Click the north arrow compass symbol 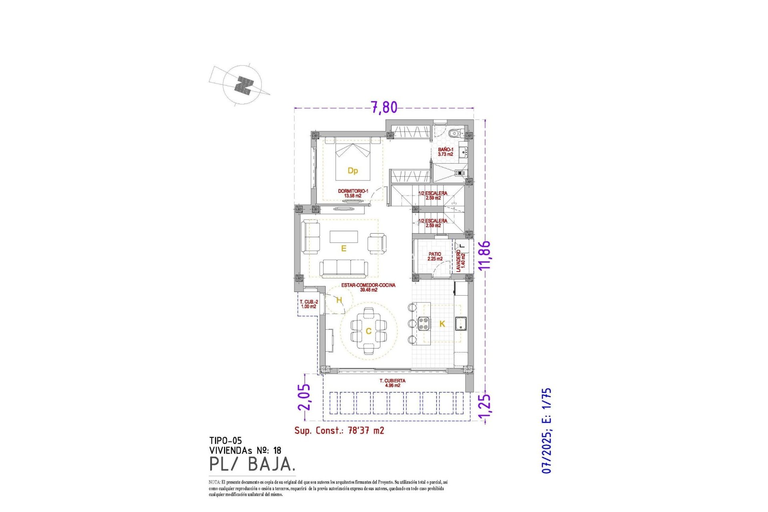(242, 85)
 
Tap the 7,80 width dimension (384, 107)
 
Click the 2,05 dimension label (304, 397)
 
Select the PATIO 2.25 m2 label (435, 256)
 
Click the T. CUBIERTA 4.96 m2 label (392, 383)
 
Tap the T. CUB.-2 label (309, 304)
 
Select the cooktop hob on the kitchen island (424, 323)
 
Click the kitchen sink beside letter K (461, 324)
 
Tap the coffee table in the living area (344, 236)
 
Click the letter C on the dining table (368, 331)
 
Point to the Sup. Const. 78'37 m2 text (339, 430)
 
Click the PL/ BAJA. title (252, 464)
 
